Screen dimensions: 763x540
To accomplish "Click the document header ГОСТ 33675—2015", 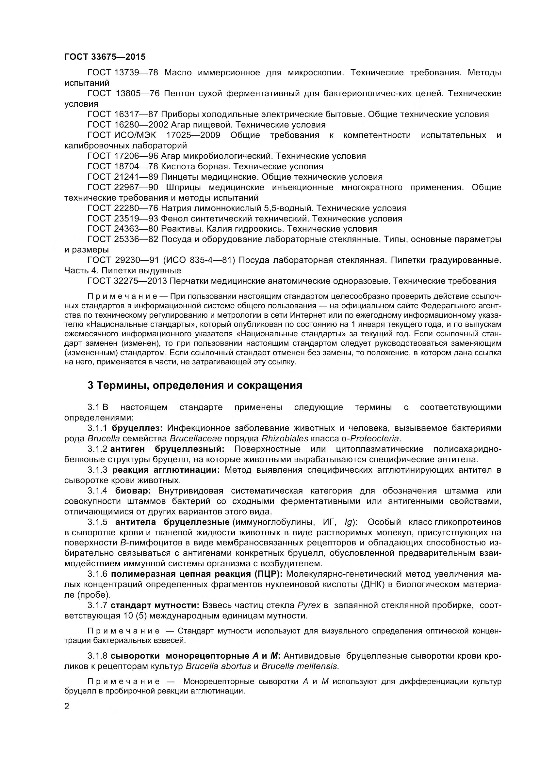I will pos(105,57).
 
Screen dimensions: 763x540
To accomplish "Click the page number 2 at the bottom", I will pos(67,706).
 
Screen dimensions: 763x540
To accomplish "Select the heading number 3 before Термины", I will pos(90,386).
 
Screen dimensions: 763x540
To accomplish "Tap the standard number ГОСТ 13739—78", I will pos(123,72).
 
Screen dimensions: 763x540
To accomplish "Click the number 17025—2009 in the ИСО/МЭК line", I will pos(193,135).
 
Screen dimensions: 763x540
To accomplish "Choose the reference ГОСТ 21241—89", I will pos(123,177).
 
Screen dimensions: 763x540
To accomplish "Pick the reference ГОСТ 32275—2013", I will pos(127,281).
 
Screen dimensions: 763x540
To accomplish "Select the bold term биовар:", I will pos(133,491).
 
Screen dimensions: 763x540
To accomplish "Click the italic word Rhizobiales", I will pos(285,439).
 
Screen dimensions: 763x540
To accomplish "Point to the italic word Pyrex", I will pos(309,605).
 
